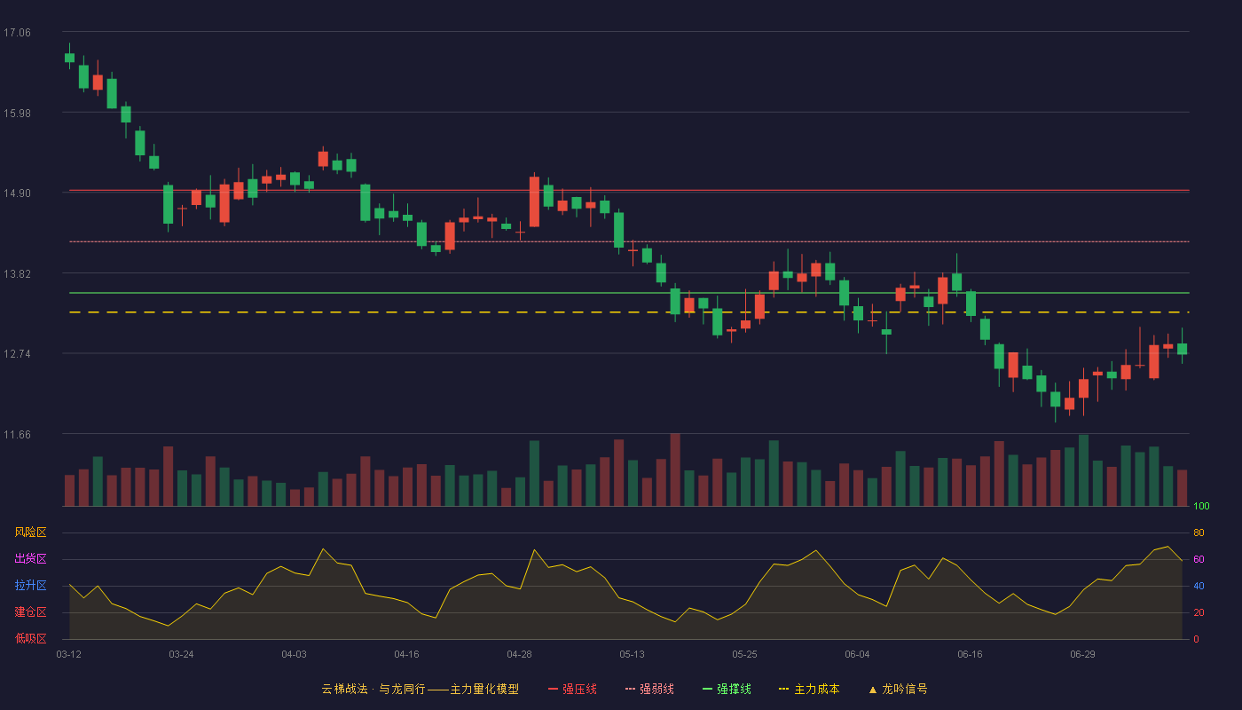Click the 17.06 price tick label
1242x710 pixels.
(x=17, y=33)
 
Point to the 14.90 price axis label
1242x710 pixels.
(x=17, y=193)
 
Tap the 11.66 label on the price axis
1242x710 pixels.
(x=17, y=435)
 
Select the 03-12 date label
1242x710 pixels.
(x=69, y=655)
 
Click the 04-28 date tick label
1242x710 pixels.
(x=519, y=655)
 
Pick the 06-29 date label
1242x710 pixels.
(x=1082, y=655)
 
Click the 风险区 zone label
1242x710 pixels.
(x=30, y=532)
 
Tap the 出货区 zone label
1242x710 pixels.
(x=30, y=558)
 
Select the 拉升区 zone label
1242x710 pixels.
(x=30, y=585)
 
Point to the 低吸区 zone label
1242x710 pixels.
(x=30, y=638)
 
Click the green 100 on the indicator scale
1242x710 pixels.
(x=1201, y=506)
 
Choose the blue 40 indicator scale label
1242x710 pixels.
(x=1199, y=586)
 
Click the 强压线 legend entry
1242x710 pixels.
(x=572, y=689)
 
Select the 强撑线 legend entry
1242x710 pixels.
(x=727, y=689)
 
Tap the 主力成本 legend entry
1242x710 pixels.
(x=809, y=689)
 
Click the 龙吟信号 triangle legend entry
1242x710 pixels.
(x=898, y=689)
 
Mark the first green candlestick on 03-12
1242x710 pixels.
(x=69, y=57)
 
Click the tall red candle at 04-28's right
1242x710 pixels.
(x=534, y=201)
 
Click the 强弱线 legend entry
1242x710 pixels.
(x=649, y=689)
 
